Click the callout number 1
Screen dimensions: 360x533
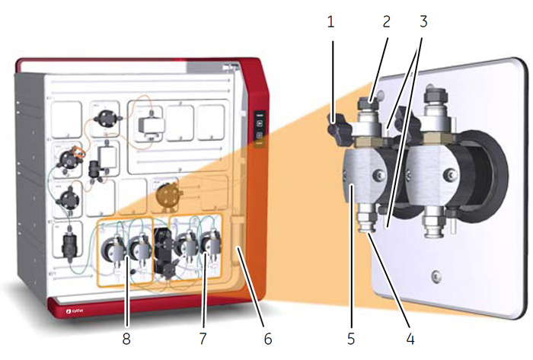click(x=331, y=21)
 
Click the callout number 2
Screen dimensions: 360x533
click(x=387, y=21)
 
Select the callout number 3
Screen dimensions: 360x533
click(x=423, y=21)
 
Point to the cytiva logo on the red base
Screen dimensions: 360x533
click(x=73, y=310)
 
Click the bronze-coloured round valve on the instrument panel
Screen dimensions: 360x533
click(x=164, y=195)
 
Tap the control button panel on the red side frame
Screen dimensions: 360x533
click(x=259, y=130)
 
